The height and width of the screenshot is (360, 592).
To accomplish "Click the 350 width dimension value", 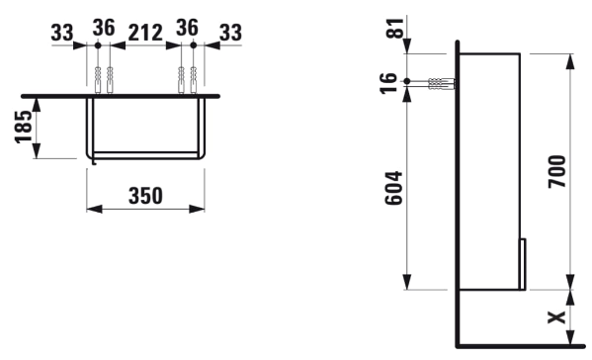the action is (x=145, y=196).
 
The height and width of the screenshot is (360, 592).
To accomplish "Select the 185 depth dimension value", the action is (x=24, y=127).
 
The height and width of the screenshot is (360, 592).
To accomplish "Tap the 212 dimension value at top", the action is (x=145, y=33).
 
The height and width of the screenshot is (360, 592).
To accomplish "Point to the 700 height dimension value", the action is (x=557, y=171).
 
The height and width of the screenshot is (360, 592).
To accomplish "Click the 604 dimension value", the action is (x=393, y=188).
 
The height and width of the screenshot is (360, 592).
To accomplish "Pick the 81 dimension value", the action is (x=394, y=28).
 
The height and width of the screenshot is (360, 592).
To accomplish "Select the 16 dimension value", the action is (x=388, y=83).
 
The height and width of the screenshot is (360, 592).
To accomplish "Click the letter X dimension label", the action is (x=557, y=317).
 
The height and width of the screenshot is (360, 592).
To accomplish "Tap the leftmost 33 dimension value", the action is (x=62, y=33).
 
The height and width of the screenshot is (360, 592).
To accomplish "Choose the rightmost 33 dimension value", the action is (x=230, y=33).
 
